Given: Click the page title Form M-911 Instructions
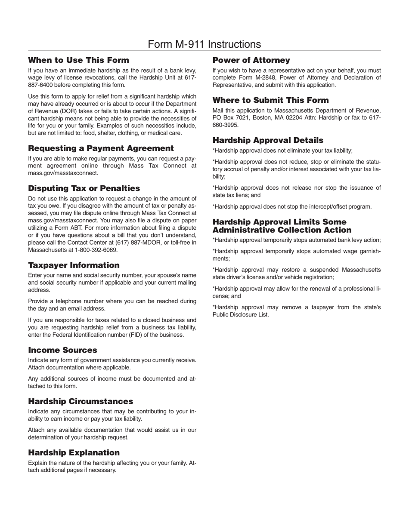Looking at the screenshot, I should [x=204, y=44].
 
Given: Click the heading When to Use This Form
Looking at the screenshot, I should [x=78, y=60].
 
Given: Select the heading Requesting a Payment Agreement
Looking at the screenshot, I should [x=101, y=148].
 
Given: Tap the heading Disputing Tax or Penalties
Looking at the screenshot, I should [x=84, y=188].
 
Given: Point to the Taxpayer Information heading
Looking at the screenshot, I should [x=74, y=265].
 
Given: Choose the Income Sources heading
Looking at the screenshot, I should [x=62, y=350].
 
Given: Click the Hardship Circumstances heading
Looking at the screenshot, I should [x=81, y=401].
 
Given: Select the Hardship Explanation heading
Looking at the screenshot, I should [x=74, y=452].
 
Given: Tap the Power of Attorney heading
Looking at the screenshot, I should [x=251, y=60].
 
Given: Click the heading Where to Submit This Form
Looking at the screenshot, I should [x=270, y=100].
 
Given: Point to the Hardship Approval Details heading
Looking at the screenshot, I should [x=268, y=140].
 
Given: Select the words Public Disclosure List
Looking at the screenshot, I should [x=240, y=315].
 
